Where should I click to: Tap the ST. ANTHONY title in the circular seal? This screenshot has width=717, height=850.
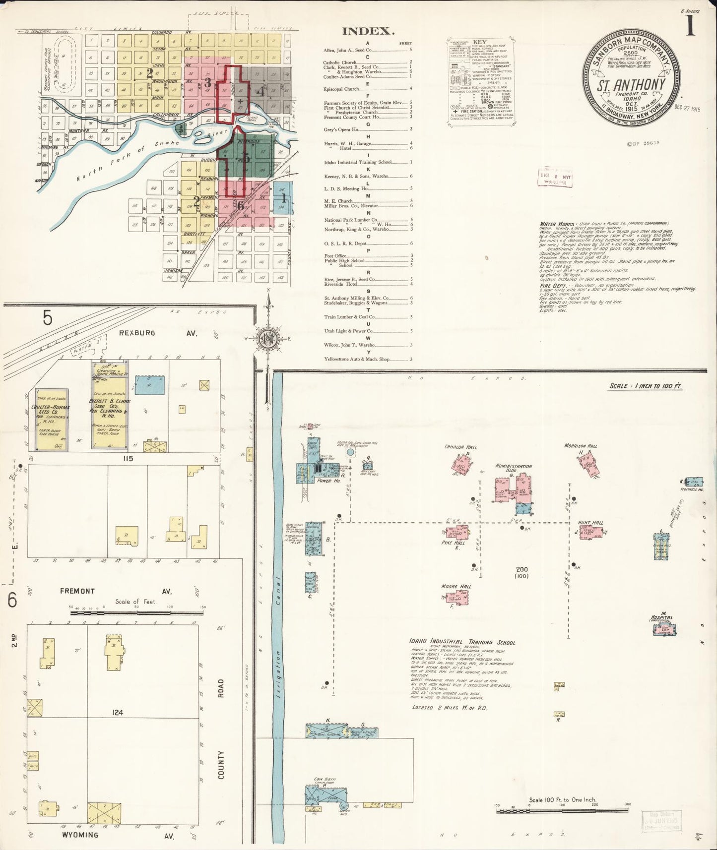[631, 84]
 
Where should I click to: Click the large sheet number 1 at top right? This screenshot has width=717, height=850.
[691, 26]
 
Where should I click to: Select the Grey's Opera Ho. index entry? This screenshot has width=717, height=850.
[341, 129]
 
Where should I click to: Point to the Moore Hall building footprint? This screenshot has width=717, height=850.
[457, 599]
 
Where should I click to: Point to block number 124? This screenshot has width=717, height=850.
[117, 713]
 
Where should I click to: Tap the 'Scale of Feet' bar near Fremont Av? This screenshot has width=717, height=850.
[136, 613]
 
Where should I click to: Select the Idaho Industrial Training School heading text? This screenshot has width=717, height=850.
[462, 642]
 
